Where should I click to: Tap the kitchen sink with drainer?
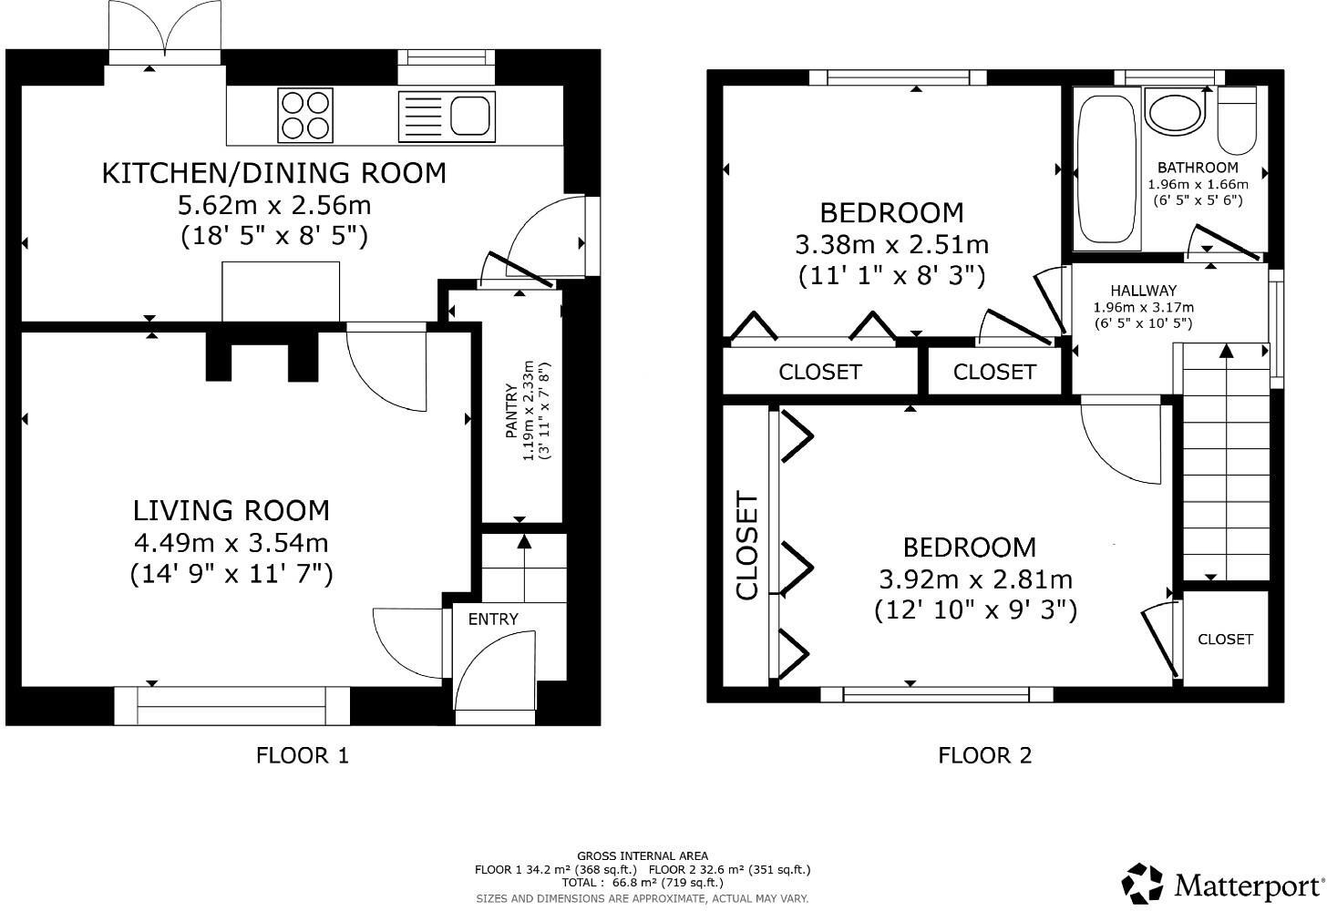coord(447,116)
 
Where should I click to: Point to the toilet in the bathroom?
coord(1237,119)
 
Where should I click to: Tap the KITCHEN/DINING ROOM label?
coord(273,173)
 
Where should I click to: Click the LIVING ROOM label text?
coord(231,510)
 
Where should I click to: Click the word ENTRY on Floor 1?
coord(493,619)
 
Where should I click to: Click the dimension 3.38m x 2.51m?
coord(891,245)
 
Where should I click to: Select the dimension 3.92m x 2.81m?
coord(975,579)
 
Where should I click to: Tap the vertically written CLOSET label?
coord(747,547)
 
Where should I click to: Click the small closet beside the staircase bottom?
coord(1225,640)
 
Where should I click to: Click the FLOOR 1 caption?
coord(303,755)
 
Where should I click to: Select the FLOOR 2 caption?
coord(985,755)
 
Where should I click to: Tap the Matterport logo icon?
coord(1143,884)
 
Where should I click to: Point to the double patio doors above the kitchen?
coord(164,32)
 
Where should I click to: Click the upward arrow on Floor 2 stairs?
coord(1226,351)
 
